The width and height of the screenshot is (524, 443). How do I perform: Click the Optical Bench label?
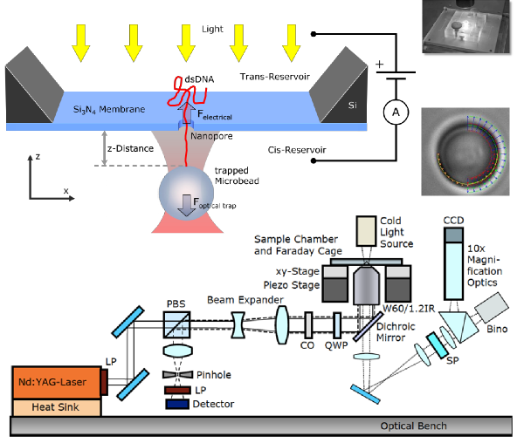point(414,426)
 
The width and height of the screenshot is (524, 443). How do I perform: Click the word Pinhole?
point(212,374)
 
